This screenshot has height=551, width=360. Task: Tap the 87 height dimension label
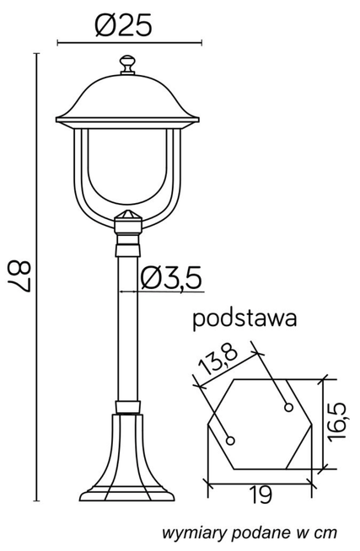click(21, 275)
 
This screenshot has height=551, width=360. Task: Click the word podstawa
click(244, 319)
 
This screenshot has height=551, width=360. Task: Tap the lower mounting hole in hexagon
click(232, 439)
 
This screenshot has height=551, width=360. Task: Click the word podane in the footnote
click(252, 532)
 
